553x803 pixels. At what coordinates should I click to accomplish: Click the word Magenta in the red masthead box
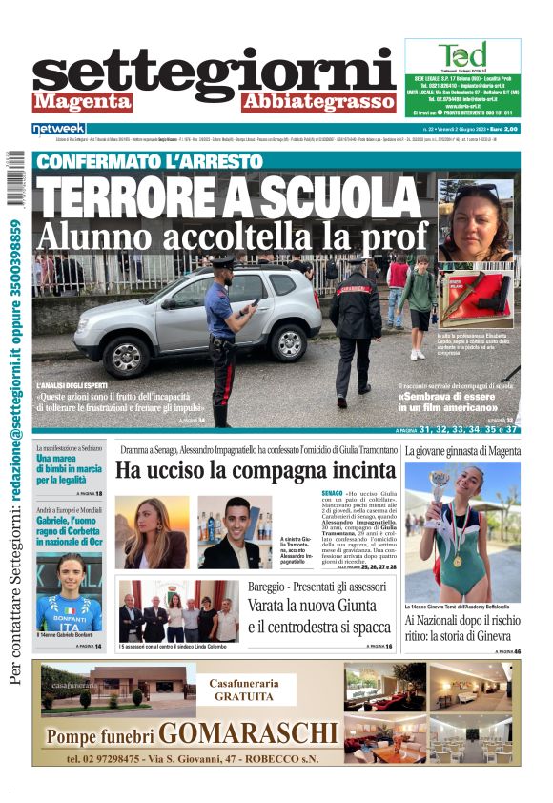pos(81,101)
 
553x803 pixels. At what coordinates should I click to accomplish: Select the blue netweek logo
pos(58,129)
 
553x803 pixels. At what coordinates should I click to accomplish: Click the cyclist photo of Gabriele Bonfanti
pos(69,591)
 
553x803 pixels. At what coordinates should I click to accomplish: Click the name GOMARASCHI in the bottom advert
pos(247,733)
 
